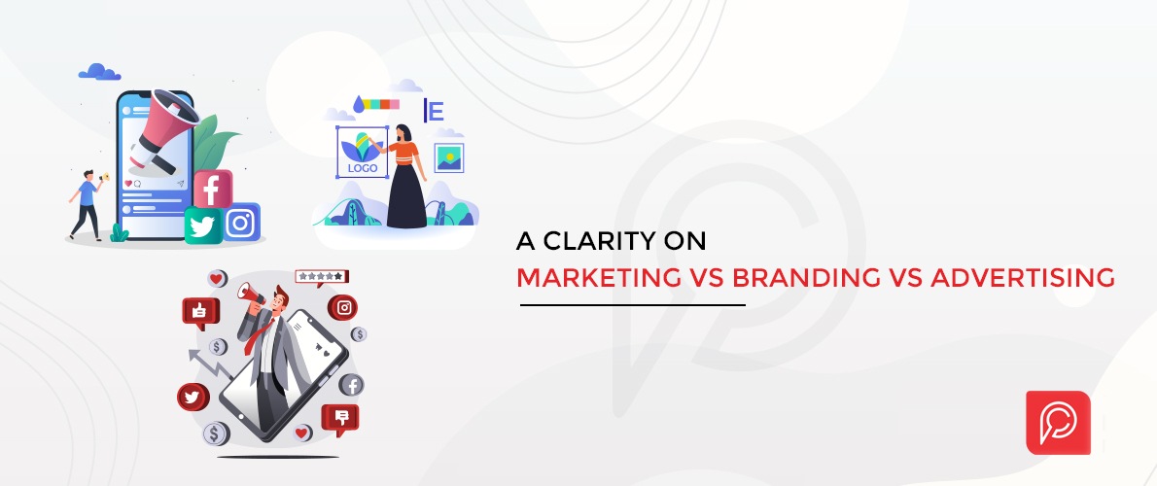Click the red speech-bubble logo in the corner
click(x=1058, y=422)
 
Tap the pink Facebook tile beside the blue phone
click(x=213, y=189)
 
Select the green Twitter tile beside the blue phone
click(x=203, y=226)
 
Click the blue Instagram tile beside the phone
click(x=240, y=223)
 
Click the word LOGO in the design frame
click(x=361, y=166)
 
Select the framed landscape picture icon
click(x=448, y=157)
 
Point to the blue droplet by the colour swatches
click(x=360, y=102)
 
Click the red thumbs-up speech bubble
click(x=201, y=311)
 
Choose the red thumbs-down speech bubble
click(x=340, y=417)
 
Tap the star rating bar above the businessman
click(x=321, y=276)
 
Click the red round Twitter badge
click(x=192, y=397)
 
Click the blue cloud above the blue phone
click(x=98, y=71)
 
